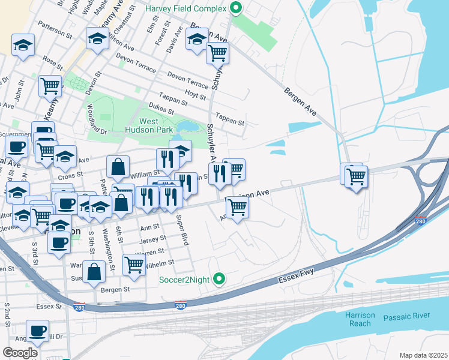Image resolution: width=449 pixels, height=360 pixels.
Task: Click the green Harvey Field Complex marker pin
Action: point(236,9)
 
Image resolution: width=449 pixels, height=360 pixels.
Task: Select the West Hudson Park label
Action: point(149,124)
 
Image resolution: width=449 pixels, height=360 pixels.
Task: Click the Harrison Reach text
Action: point(360,319)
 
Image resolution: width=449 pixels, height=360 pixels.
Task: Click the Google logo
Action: point(20,353)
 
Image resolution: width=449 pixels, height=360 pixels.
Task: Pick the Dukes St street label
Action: point(161,109)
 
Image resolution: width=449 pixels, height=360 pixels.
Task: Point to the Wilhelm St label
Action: point(160,262)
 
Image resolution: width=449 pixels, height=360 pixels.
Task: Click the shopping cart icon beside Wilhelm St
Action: point(134,264)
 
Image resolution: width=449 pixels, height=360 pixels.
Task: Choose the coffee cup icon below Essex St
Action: point(38,330)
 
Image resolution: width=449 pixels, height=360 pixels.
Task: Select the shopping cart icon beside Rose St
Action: point(50,85)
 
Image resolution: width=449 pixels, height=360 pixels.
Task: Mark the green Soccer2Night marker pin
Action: point(220,278)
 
